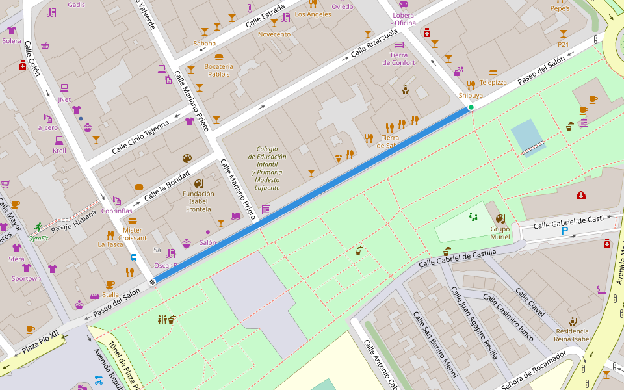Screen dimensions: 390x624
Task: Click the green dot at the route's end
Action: click(471, 107)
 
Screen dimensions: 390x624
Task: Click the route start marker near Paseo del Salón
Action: click(152, 282)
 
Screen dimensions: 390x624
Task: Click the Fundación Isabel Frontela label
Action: click(198, 201)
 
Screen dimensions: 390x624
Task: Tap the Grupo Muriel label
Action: click(499, 233)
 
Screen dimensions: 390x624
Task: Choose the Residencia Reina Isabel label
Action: click(572, 335)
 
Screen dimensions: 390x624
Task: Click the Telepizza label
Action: click(493, 83)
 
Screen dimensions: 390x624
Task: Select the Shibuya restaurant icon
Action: click(471, 84)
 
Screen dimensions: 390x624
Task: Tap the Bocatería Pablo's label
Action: click(218, 70)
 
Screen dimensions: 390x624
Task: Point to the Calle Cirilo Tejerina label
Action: click(140, 136)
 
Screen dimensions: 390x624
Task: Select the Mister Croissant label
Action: click(132, 234)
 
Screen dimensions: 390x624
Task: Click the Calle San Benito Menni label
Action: click(433, 344)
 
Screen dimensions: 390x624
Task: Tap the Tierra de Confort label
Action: click(402, 58)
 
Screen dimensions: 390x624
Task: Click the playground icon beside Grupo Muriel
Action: click(473, 217)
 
